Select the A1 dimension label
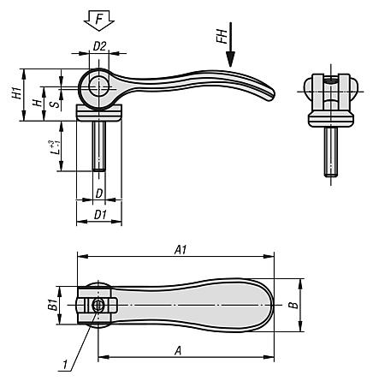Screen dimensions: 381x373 coord(180,249)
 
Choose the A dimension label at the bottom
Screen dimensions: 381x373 coord(178,350)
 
